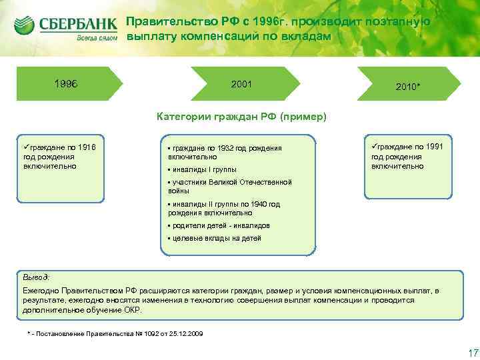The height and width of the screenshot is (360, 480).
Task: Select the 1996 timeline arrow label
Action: click(x=66, y=84)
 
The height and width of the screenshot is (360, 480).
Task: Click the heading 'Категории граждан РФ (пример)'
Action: click(x=241, y=117)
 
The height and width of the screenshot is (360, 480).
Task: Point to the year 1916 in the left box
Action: click(x=87, y=147)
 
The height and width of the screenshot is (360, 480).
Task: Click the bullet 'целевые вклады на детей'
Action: click(x=217, y=238)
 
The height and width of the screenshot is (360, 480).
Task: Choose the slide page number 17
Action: click(x=465, y=352)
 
